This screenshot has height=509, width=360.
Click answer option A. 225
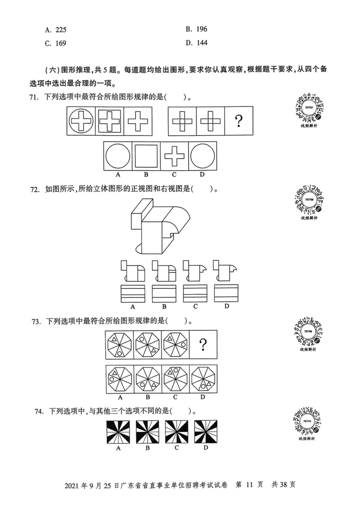point(59,30)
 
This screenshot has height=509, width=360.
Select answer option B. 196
point(196,29)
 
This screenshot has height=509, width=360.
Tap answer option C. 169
point(59,44)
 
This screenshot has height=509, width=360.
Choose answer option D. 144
point(196,43)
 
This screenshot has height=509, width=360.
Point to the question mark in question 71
point(239,121)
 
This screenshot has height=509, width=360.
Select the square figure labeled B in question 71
point(147,156)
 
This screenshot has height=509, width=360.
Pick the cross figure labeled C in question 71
point(175,156)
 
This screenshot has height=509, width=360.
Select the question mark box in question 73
point(203,344)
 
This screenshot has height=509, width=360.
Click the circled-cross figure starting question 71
point(81,121)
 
